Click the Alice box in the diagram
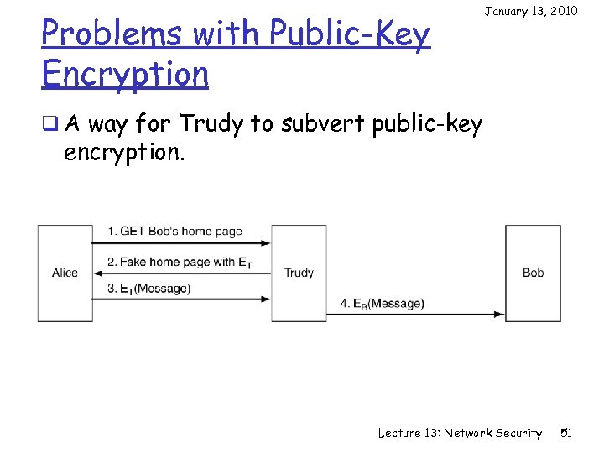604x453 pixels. [65, 273]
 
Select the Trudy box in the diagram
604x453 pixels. [299, 273]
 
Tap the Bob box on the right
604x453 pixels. [533, 273]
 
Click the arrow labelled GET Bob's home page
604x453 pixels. [181, 243]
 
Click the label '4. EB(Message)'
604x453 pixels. [383, 303]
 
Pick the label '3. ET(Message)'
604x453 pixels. [148, 289]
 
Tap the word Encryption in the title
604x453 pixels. [124, 74]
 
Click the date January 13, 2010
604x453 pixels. [530, 11]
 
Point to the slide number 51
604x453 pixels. [565, 433]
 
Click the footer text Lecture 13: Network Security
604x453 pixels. [460, 433]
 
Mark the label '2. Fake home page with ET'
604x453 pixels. [180, 262]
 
